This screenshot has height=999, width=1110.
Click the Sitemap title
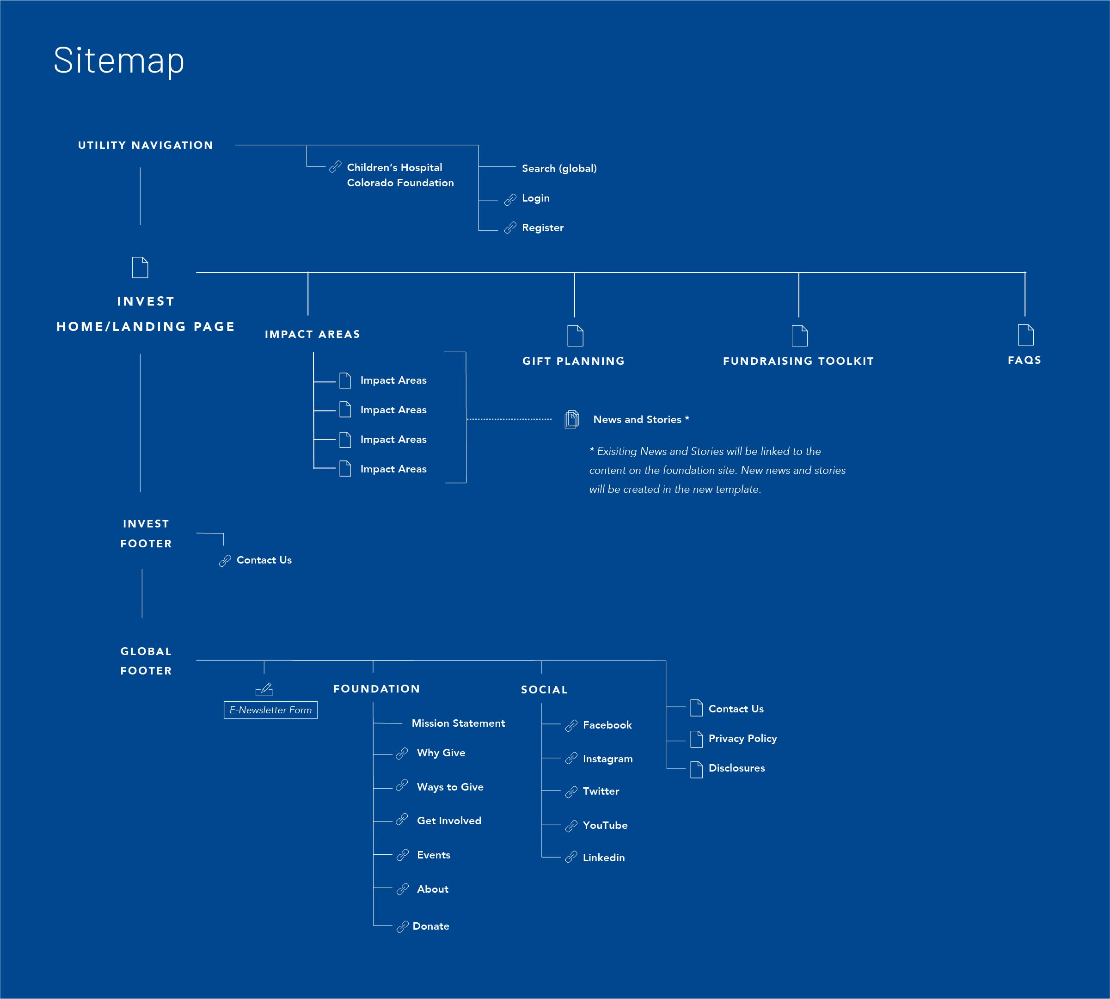point(118,61)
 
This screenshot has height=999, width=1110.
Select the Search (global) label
point(559,169)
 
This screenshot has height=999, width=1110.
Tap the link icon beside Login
point(510,199)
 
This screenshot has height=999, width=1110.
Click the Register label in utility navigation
point(542,228)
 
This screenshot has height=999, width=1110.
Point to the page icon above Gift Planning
point(575,335)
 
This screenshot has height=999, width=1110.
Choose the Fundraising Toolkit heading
point(798,361)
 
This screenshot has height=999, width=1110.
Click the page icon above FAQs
point(1025,335)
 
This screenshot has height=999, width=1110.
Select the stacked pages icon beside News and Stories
point(571,419)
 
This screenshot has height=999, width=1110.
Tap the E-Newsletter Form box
point(270,710)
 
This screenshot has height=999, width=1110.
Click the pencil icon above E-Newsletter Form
point(264,689)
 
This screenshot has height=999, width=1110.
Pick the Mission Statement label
point(458,723)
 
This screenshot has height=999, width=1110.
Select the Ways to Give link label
point(450,787)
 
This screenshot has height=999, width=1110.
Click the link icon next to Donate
point(402,926)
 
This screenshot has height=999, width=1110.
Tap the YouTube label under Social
point(605,826)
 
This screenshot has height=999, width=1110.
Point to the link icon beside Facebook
point(571,726)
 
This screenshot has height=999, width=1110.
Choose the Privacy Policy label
point(742,739)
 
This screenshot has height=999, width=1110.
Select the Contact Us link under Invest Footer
point(264,560)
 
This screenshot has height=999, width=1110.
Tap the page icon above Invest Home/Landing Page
point(140,267)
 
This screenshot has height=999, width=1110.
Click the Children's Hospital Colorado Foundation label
point(400,175)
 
